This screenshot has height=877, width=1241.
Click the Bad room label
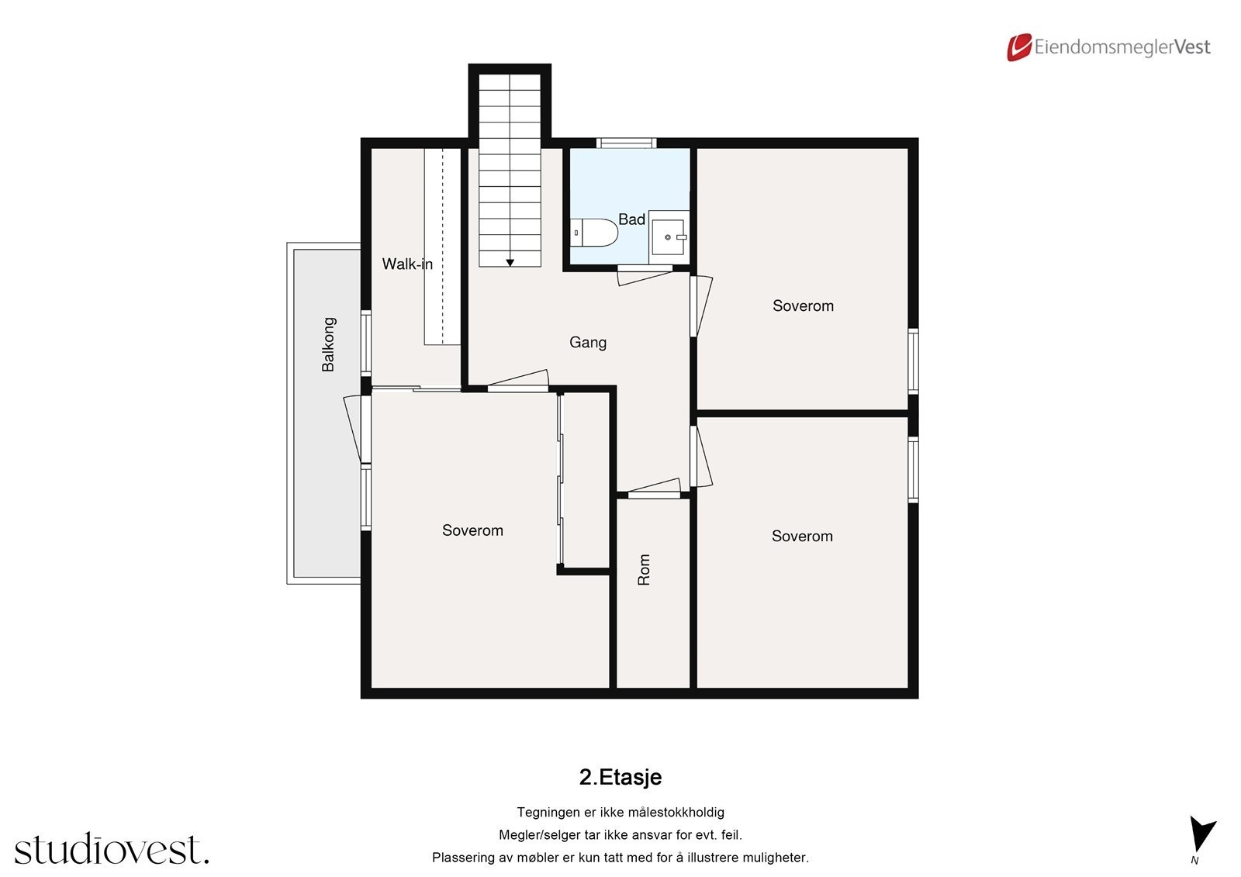point(631,219)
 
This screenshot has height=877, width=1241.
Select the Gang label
point(588,342)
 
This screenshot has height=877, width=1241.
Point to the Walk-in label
point(407,264)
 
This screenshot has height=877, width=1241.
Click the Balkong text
point(329,344)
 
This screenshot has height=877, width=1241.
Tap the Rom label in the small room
point(644,570)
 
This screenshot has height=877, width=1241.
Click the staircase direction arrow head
point(510,263)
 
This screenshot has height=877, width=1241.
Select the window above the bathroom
point(626,143)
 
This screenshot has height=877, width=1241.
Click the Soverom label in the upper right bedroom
point(803,306)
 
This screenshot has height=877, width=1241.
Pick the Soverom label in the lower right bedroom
point(802,536)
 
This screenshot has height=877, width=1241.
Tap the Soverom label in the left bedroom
point(472,530)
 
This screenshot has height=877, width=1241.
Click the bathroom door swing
point(644,274)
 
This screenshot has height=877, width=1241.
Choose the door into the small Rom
point(654,489)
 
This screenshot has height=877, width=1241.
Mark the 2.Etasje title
point(620,777)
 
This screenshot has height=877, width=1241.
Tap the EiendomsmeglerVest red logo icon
point(1018,47)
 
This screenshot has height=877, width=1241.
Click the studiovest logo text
point(112,849)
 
